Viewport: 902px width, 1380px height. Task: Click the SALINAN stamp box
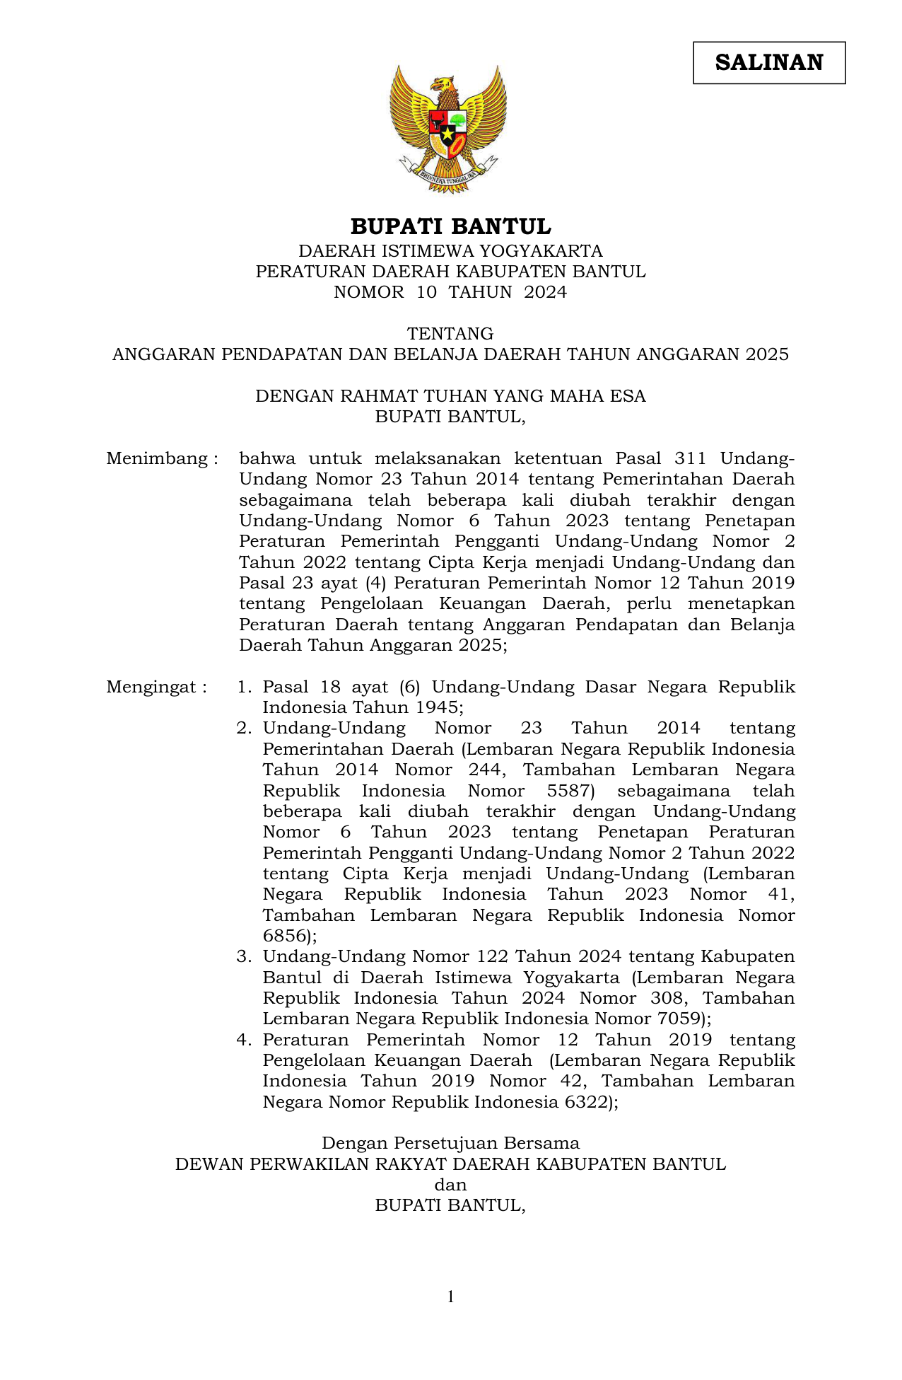coord(768,63)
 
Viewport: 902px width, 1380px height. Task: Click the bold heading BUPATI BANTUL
coord(450,227)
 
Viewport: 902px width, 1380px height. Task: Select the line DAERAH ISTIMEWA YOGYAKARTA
coord(450,251)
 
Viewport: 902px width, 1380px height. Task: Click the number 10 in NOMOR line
coord(426,292)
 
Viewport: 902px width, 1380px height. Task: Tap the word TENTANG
coord(450,333)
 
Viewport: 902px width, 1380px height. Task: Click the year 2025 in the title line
coord(766,354)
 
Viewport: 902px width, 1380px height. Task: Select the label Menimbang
coord(157,458)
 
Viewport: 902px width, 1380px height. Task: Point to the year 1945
coord(437,707)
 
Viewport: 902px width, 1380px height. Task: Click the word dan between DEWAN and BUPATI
coord(450,1185)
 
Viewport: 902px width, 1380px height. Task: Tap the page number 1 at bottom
coord(450,1297)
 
